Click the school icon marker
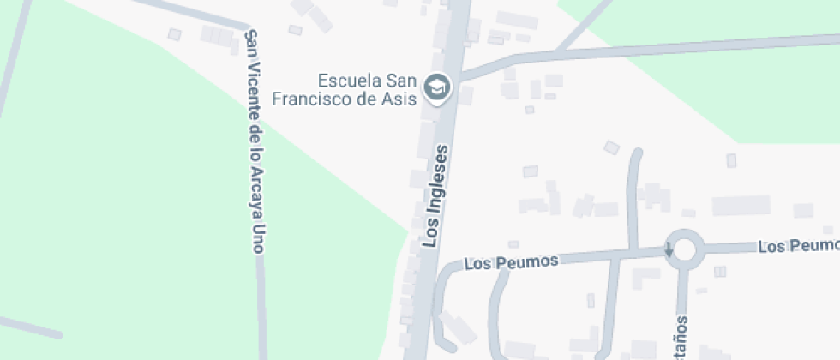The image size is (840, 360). click(438, 86)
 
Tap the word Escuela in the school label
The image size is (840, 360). click(346, 81)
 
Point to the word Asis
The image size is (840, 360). click(399, 99)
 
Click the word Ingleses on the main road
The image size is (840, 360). click(440, 174)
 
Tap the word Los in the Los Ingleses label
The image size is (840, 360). click(432, 232)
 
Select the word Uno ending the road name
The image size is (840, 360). click(255, 237)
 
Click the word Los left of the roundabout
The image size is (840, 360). click(478, 264)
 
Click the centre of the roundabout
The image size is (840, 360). click(684, 249)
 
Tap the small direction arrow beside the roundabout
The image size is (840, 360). click(669, 249)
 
